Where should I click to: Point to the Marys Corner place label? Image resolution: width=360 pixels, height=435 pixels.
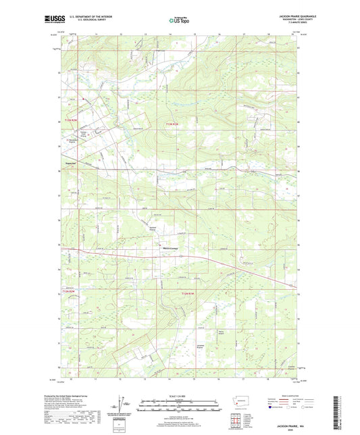(x=172, y=247)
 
